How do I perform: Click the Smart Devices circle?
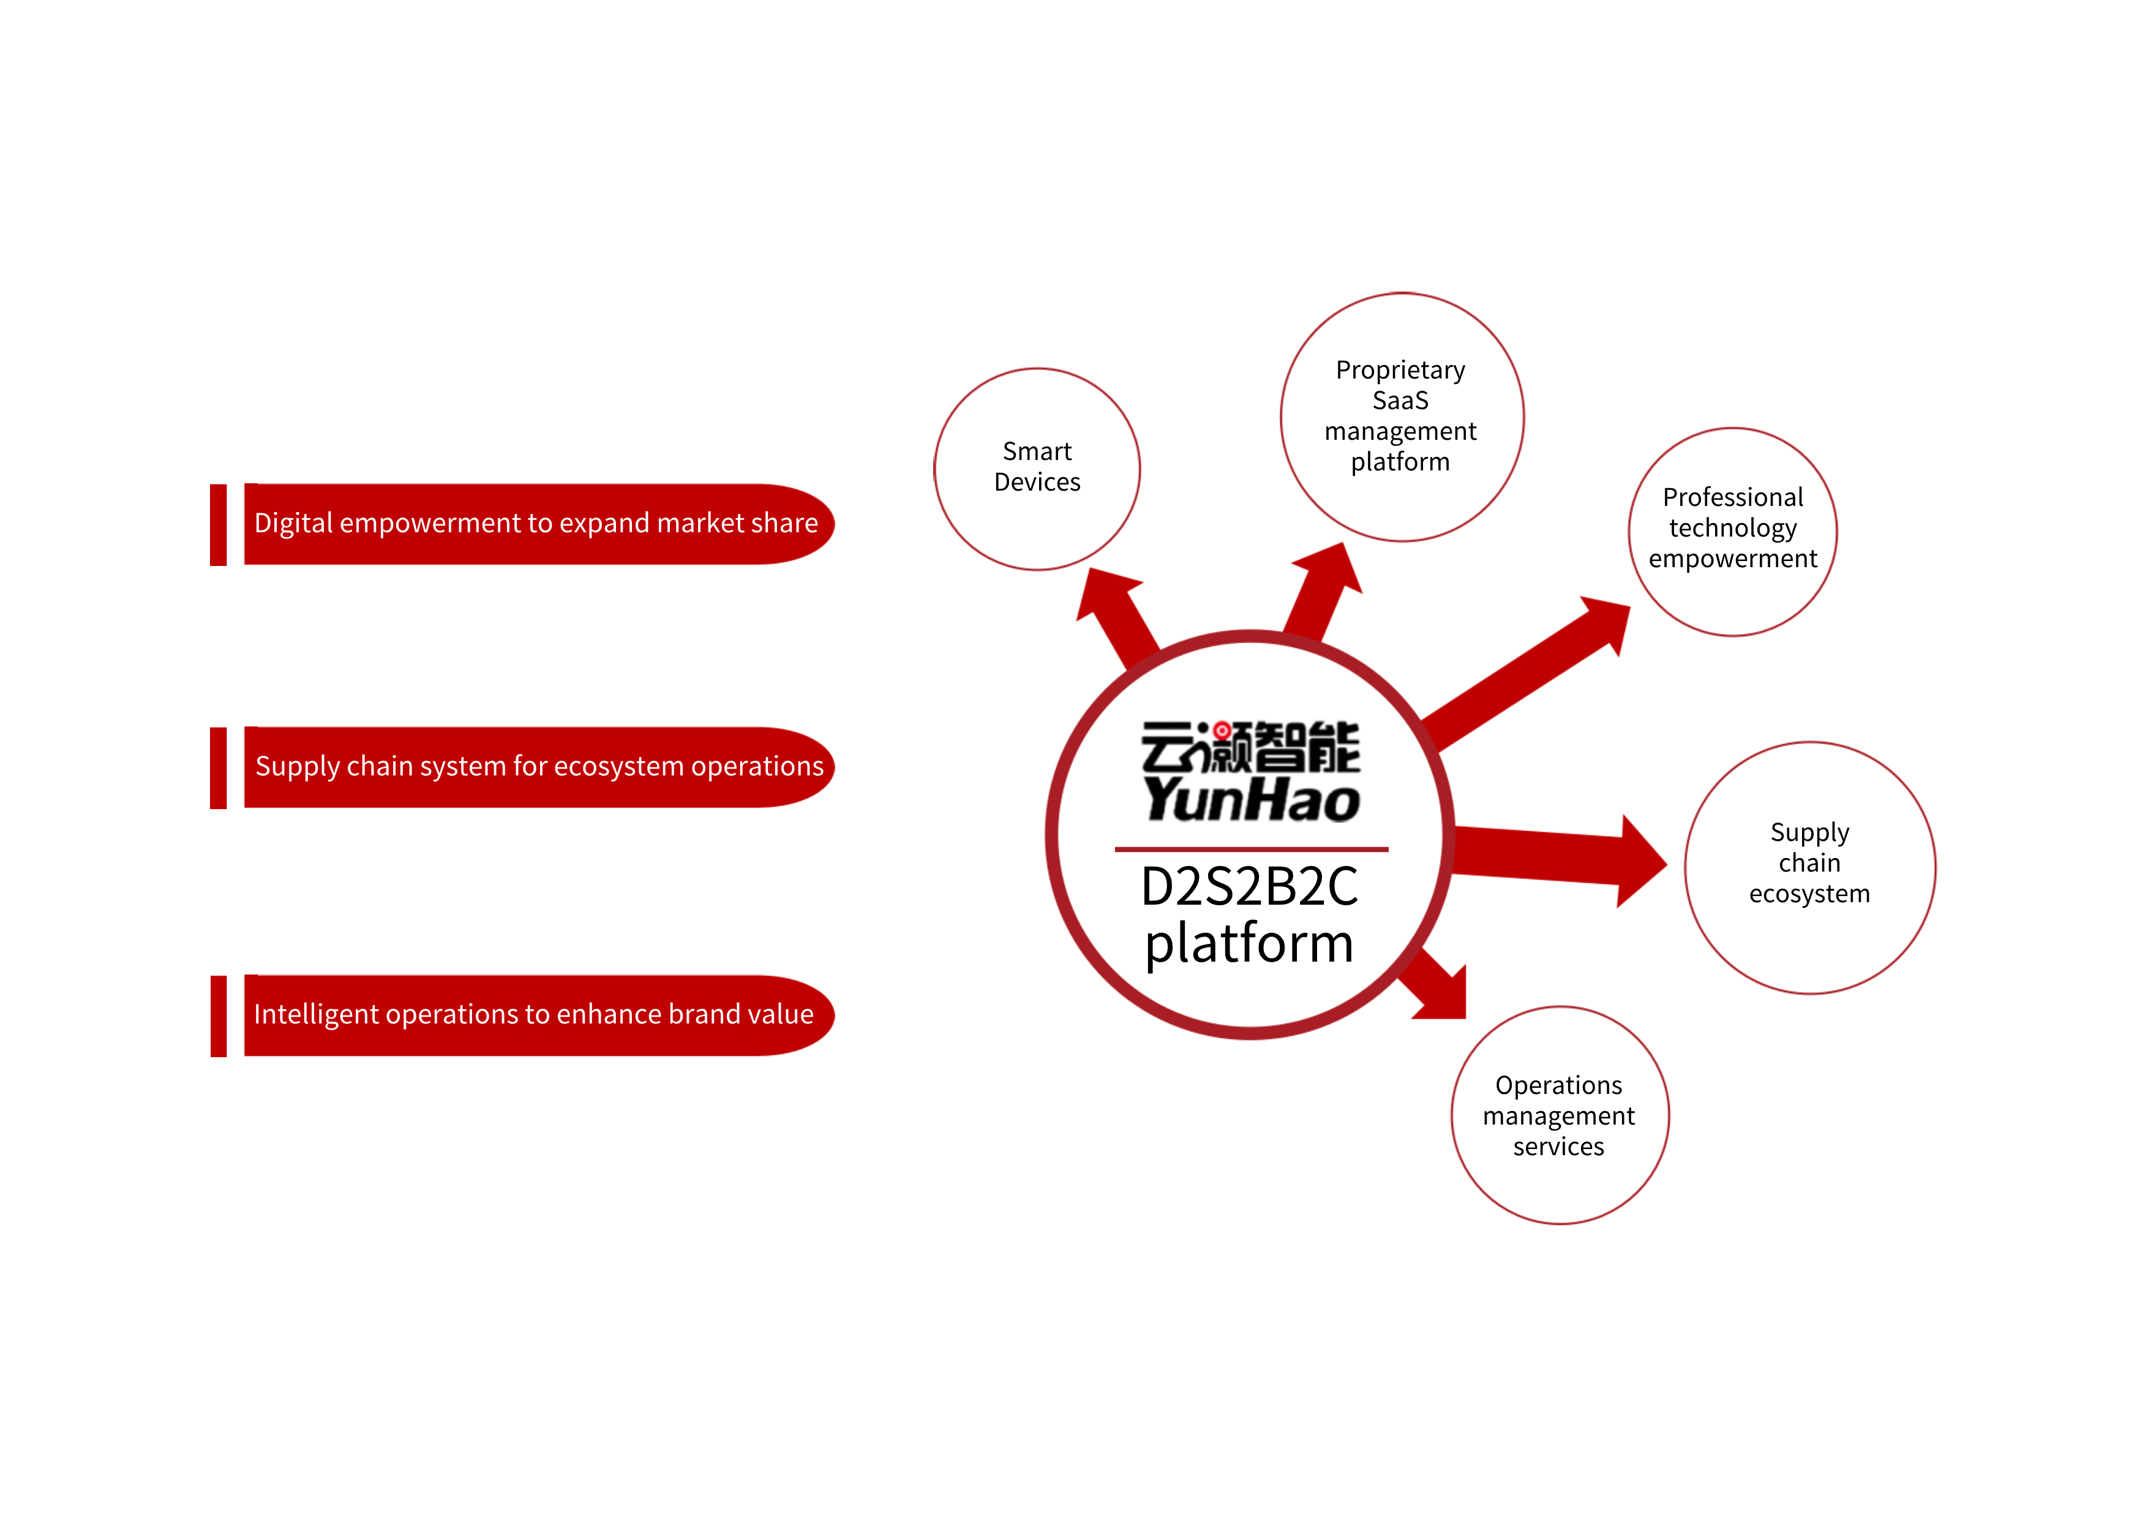1037,468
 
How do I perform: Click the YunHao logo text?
1251,800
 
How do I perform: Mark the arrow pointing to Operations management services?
1436,987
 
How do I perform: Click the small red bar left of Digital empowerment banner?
218,525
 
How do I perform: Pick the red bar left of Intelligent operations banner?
218,1016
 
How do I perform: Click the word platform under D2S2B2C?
1249,943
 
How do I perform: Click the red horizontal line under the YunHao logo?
1251,850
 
